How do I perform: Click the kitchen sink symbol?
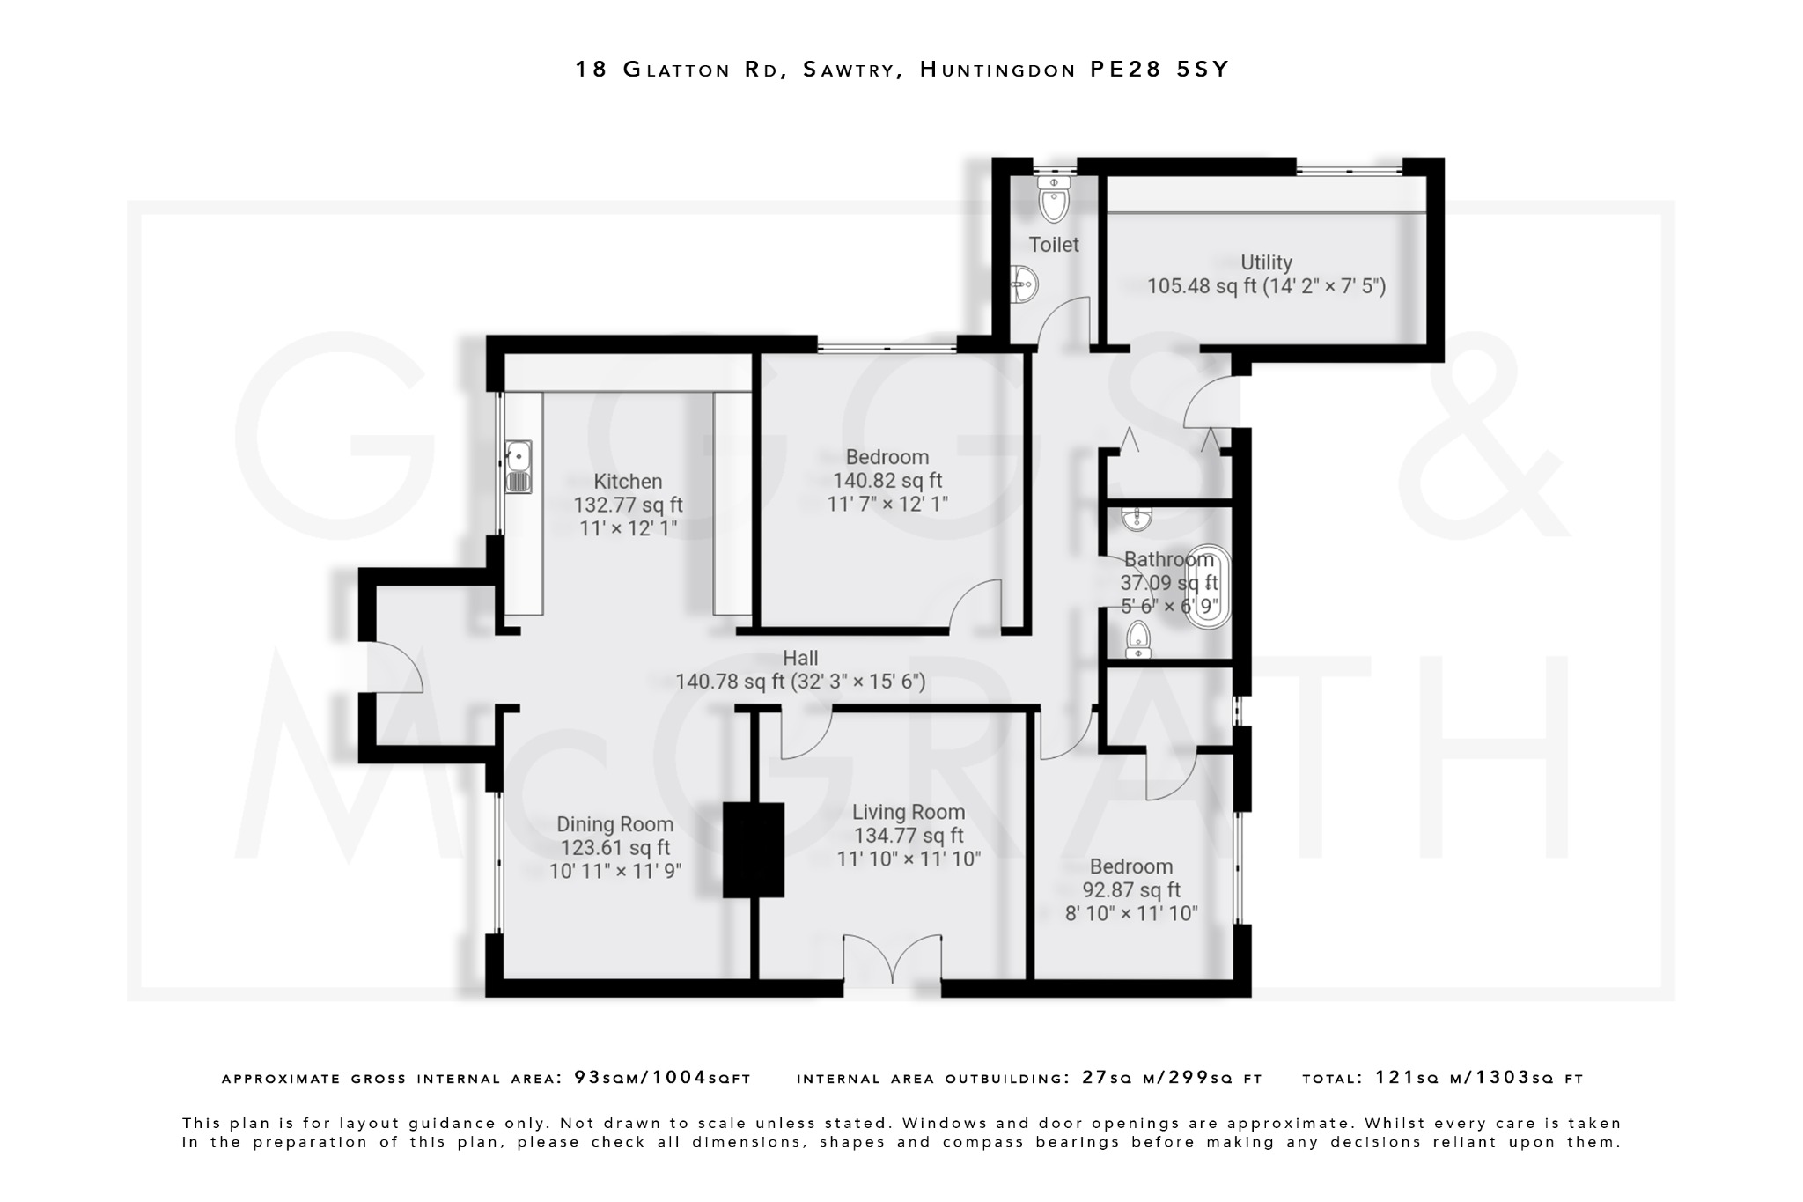click(x=519, y=466)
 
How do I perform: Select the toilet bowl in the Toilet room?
click(x=1053, y=199)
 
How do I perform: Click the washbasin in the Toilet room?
click(x=1023, y=284)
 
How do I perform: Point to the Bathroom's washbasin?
click(x=1137, y=518)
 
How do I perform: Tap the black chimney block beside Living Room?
click(x=753, y=850)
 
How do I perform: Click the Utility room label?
click(x=1266, y=262)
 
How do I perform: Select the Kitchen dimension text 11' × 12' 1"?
click(x=628, y=528)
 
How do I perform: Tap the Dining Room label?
click(x=614, y=824)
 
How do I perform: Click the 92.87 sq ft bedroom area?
click(x=1131, y=890)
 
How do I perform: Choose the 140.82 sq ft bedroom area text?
click(x=887, y=481)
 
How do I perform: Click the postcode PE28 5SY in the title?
click(x=1159, y=70)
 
